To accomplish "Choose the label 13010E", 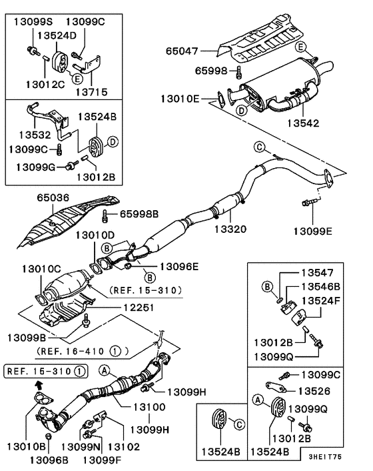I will (x=179, y=99).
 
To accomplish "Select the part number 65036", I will (x=52, y=199).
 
